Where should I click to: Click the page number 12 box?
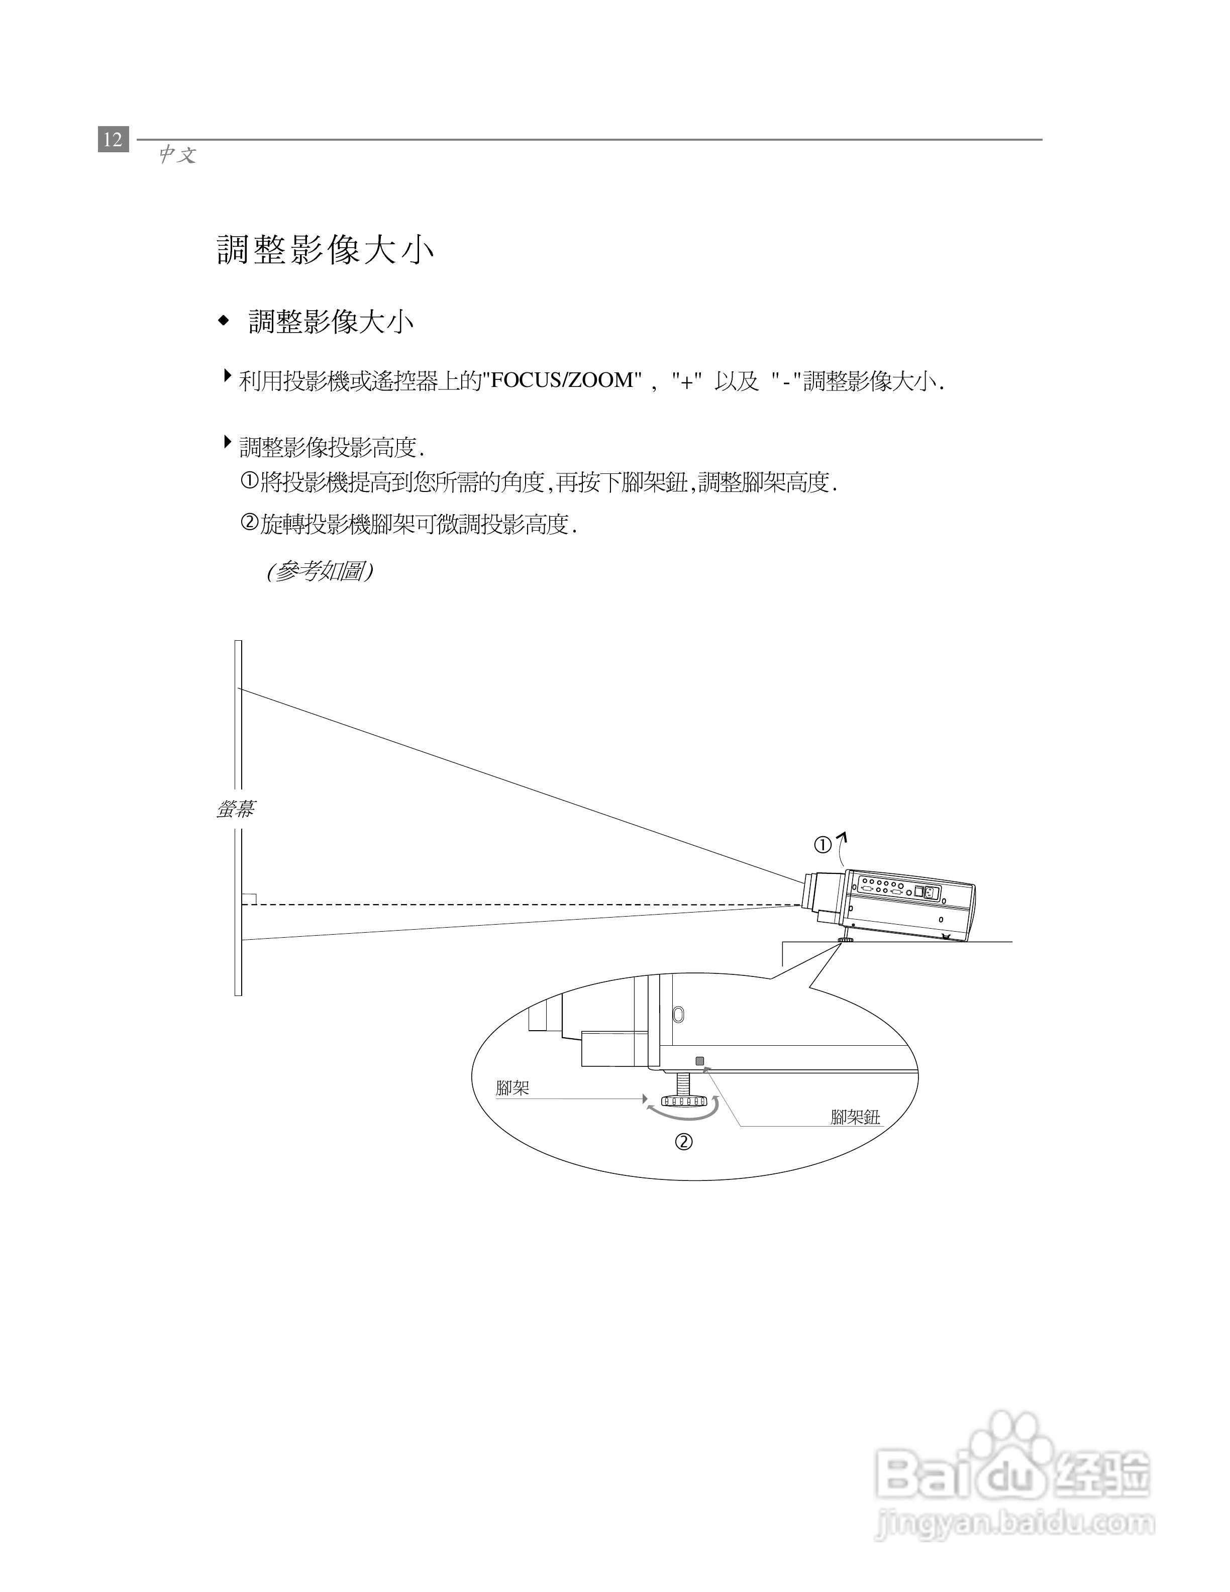tap(113, 139)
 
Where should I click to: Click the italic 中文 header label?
tap(177, 155)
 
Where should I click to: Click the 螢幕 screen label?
tap(235, 809)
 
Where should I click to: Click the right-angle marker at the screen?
tap(249, 899)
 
